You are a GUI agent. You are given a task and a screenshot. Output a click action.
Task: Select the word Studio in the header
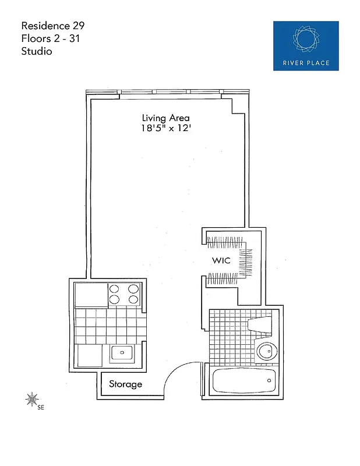[37, 51]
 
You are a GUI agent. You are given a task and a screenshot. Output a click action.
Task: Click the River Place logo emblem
[306, 38]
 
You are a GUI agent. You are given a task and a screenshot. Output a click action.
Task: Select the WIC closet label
[221, 261]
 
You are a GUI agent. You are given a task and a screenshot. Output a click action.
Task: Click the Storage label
[125, 384]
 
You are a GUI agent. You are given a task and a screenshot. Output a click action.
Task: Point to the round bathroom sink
[265, 352]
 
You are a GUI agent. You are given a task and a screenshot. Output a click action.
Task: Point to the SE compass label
[41, 408]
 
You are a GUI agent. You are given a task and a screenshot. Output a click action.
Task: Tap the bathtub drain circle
[269, 380]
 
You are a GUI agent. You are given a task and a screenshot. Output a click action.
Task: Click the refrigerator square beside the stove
[91, 294]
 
